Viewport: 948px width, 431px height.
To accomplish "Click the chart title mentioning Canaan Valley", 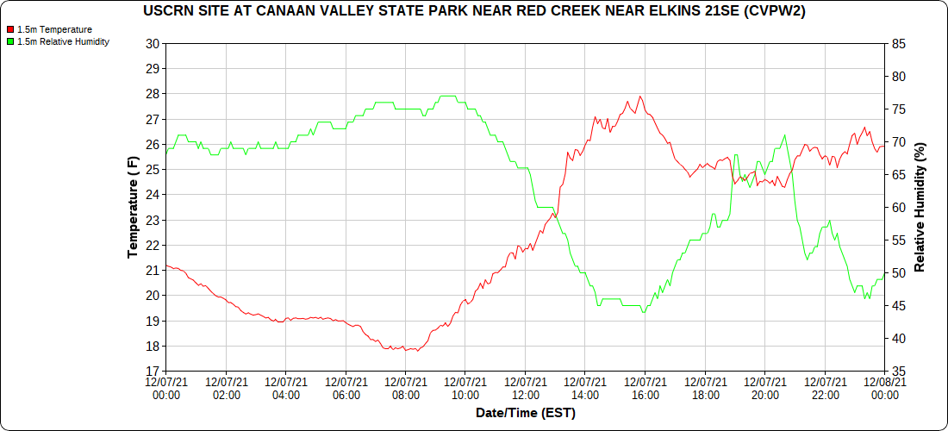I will [480, 11].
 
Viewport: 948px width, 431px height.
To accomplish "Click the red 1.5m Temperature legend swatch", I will [9, 29].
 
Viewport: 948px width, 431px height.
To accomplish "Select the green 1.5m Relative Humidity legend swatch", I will [9, 41].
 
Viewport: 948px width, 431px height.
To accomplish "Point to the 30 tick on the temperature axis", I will [153, 43].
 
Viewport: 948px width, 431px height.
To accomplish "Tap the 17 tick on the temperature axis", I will [153, 372].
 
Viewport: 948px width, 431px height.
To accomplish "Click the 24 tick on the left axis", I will [153, 195].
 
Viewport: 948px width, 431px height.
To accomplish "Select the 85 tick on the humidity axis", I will [898, 43].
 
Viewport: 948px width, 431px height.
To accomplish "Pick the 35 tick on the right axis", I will [898, 372].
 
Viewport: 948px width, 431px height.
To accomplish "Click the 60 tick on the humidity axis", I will [898, 207].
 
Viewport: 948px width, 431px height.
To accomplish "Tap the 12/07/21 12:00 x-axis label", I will [525, 388].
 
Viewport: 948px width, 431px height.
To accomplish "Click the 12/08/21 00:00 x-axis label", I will [884, 388].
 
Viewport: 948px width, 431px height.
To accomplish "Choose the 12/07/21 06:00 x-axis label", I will [346, 388].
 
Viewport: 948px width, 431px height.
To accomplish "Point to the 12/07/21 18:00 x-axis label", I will [705, 388].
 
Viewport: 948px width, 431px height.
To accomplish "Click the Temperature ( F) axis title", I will [133, 207].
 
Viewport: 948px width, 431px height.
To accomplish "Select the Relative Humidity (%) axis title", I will [920, 207].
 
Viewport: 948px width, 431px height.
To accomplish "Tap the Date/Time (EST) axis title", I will [525, 413].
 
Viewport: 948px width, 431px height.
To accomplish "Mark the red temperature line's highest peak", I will [639, 97].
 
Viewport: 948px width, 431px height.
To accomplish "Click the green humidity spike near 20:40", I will [784, 135].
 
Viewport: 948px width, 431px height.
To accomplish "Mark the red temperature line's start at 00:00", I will [166, 265].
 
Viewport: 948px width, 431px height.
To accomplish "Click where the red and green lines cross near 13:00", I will [556, 213].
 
